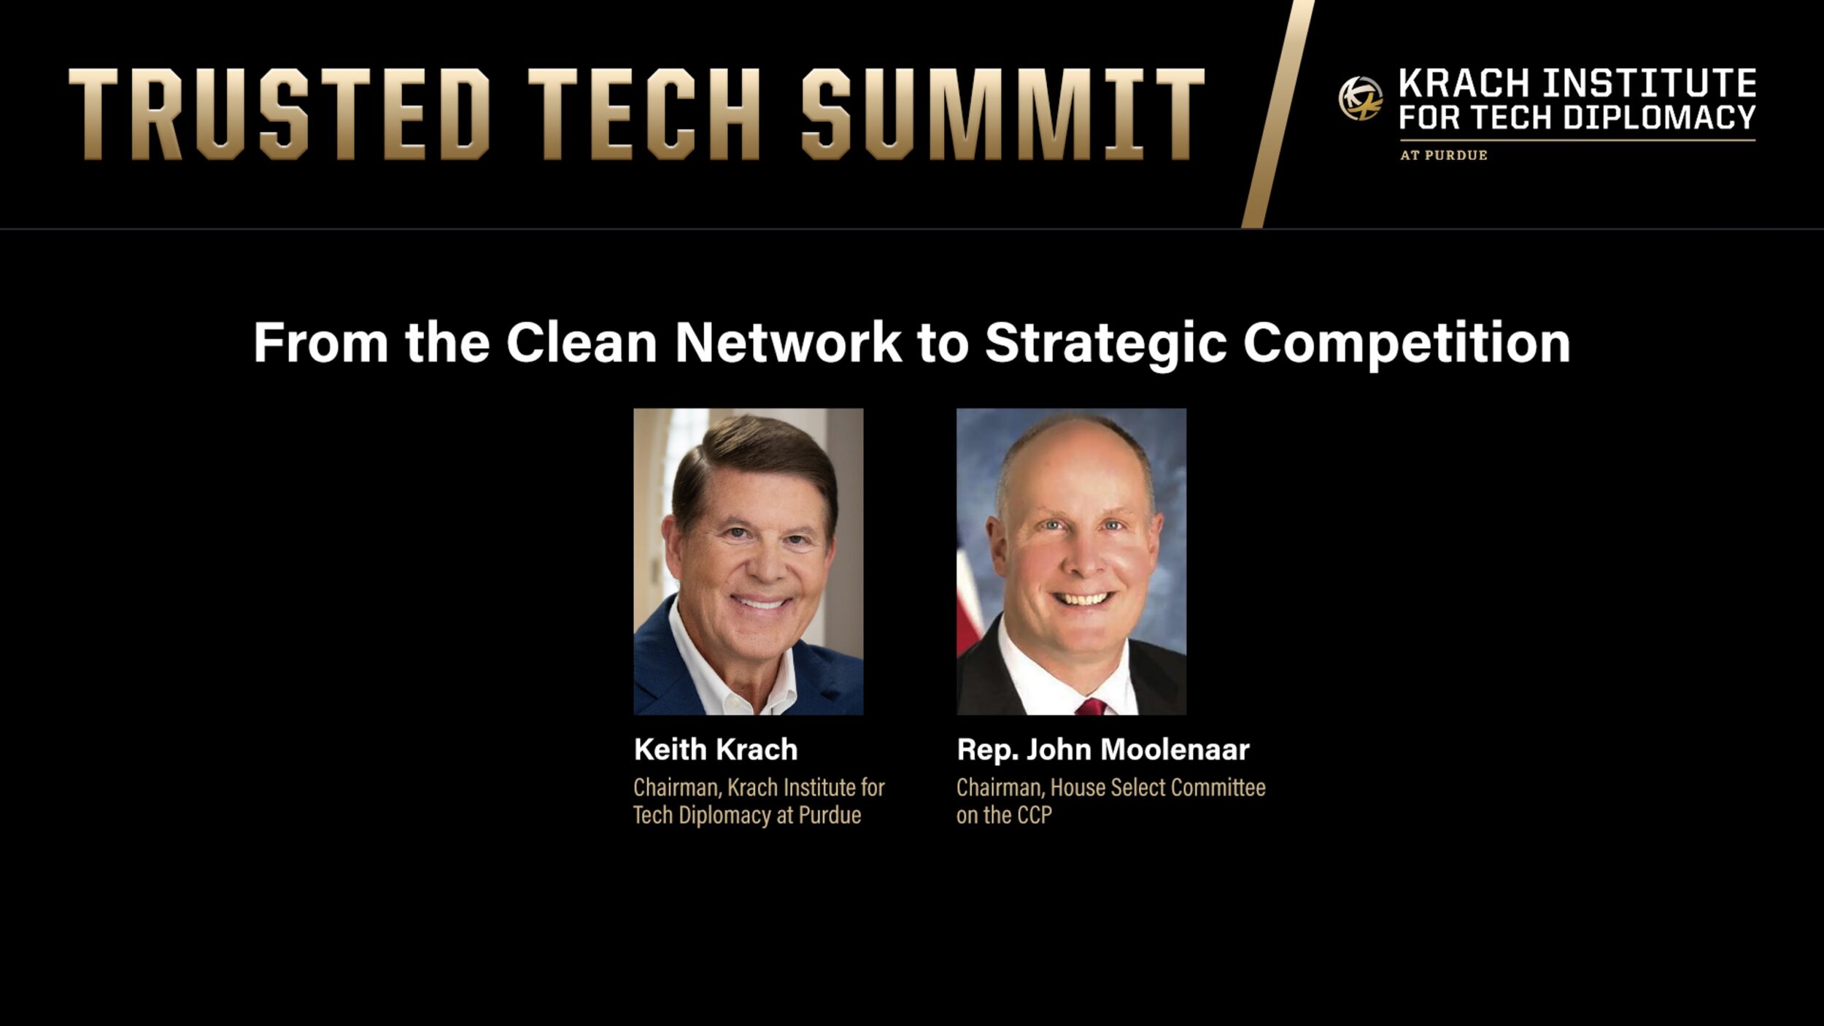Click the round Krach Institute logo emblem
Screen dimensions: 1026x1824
point(1360,99)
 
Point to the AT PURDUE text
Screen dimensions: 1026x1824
point(1443,155)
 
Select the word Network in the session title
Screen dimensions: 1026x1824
point(788,342)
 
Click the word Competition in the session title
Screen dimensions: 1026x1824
point(1406,342)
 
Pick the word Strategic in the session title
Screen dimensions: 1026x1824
point(1105,342)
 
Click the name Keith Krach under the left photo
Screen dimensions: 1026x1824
point(715,749)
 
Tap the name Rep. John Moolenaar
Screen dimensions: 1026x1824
point(1102,749)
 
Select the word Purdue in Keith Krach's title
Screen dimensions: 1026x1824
point(830,815)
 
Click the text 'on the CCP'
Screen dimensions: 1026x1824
point(1004,815)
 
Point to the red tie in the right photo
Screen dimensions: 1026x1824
point(1090,706)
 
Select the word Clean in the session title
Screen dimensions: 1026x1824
point(581,342)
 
